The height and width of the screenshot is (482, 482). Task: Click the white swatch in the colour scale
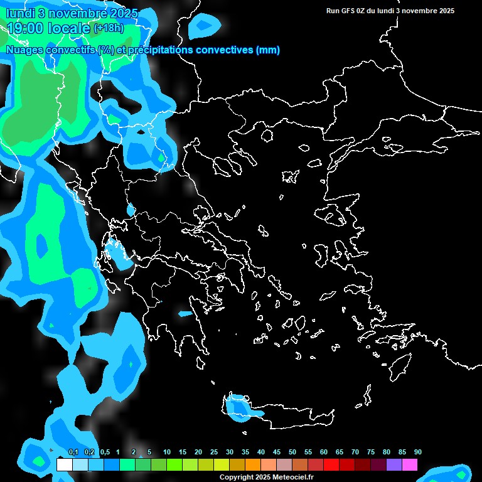pos(64,465)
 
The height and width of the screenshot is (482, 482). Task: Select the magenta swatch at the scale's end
pos(410,465)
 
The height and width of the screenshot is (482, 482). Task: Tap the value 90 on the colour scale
pos(418,452)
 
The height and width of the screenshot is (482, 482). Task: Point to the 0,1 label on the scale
pos(73,452)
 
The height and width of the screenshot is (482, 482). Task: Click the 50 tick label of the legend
pos(292,452)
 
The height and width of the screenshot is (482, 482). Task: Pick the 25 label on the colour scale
pos(214,452)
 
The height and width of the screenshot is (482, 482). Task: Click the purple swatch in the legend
pos(394,465)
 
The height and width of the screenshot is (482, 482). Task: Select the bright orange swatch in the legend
pos(253,465)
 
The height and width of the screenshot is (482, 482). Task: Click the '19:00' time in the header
pos(26,28)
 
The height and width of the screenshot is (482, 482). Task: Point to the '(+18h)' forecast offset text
pos(109,28)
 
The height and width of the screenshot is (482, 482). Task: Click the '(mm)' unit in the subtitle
pos(268,50)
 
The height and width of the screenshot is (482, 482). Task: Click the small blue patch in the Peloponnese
pos(185,314)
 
